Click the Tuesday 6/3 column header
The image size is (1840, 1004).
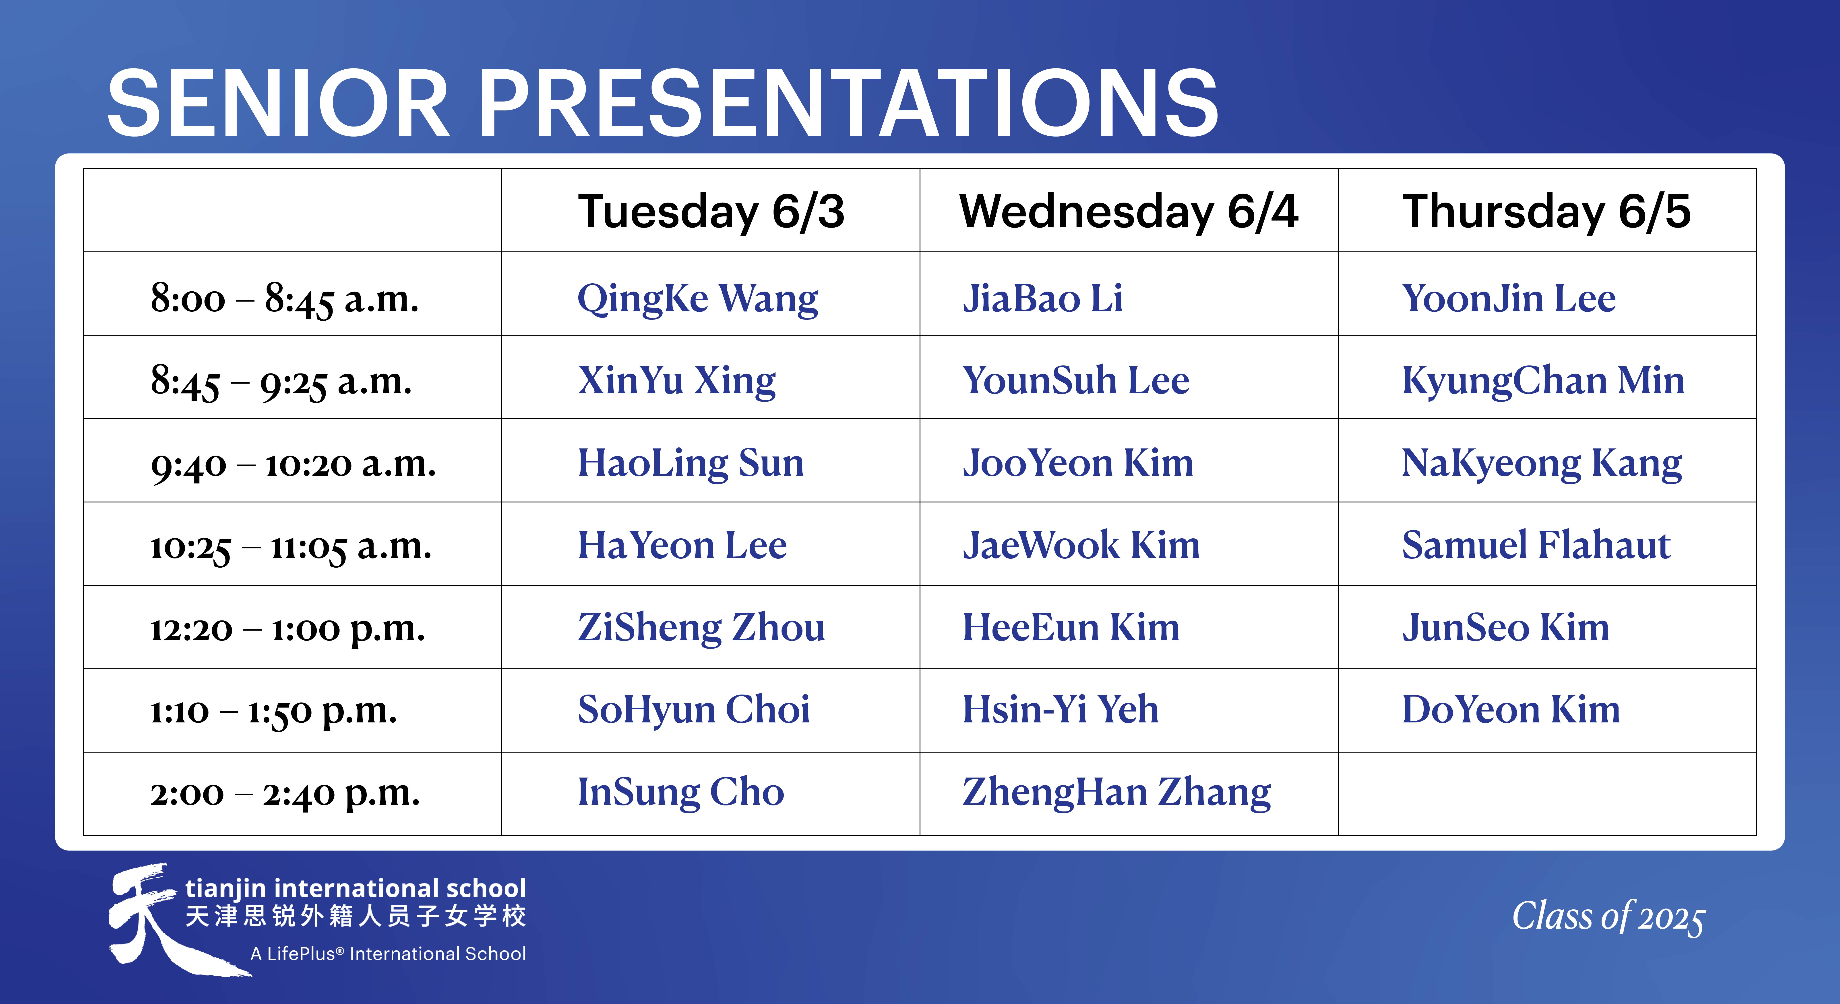point(711,212)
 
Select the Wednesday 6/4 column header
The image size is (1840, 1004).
point(1129,212)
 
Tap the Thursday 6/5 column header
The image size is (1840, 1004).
point(1546,212)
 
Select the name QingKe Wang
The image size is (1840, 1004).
point(698,299)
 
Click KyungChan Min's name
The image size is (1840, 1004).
point(1543,381)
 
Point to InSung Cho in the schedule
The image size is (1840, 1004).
point(681,792)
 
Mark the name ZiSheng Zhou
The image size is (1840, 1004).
point(701,628)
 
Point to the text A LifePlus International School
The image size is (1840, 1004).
point(388,954)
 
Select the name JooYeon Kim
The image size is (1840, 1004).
point(1078,463)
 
